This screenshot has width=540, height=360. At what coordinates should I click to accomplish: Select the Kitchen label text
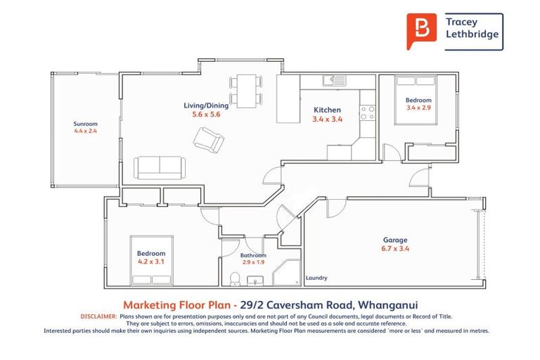327,110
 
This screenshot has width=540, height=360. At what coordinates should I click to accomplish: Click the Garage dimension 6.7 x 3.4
394,248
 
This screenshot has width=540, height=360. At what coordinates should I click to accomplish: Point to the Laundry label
316,278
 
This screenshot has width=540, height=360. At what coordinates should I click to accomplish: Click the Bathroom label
253,255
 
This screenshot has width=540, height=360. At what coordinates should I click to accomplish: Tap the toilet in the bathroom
235,278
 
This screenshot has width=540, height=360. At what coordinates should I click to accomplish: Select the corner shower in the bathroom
290,273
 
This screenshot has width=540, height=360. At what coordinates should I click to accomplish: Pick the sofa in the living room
160,167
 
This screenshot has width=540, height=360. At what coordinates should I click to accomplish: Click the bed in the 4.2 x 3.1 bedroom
151,260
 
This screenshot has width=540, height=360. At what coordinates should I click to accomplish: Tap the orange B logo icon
421,31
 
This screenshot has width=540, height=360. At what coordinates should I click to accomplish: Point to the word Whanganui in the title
387,304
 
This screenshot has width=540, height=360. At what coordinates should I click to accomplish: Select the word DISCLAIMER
97,316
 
